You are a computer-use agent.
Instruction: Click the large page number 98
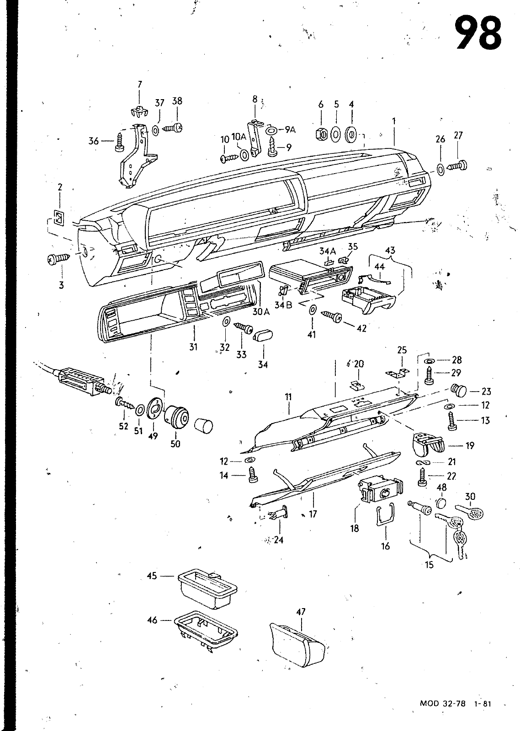(478, 34)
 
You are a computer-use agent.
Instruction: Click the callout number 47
(301, 612)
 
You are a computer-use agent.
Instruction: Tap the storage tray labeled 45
(207, 589)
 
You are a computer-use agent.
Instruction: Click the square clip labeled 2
(59, 217)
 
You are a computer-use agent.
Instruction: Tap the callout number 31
(194, 347)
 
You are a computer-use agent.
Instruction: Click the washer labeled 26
(440, 170)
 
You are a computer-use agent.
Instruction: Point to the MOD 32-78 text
(443, 712)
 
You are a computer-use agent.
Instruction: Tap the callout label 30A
(261, 312)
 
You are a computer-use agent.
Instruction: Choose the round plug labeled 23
(459, 390)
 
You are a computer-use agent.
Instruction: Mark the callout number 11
(288, 397)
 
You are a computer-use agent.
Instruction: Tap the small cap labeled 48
(441, 503)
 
